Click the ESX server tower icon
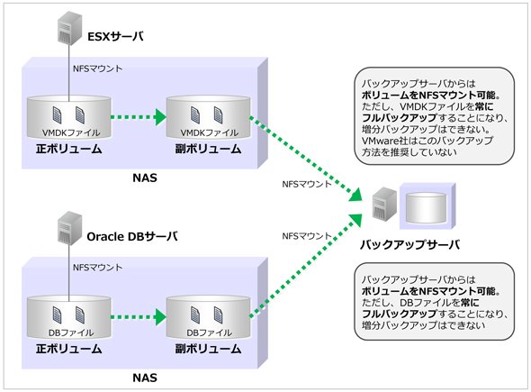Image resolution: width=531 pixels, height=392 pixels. pyautogui.click(x=70, y=28)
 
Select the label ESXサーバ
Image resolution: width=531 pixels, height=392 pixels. pyautogui.click(x=115, y=36)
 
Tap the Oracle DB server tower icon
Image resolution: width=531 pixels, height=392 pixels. pyautogui.click(x=70, y=228)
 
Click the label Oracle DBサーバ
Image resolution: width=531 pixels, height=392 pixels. pyautogui.click(x=132, y=236)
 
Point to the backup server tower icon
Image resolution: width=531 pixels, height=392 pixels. pyautogui.click(x=384, y=205)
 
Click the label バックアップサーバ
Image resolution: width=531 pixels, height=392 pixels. pyautogui.click(x=409, y=244)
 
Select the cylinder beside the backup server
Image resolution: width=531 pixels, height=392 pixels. pyautogui.click(x=426, y=207)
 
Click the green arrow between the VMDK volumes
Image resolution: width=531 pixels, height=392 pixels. pyautogui.click(x=139, y=117)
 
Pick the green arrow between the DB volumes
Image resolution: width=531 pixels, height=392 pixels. pyautogui.click(x=139, y=317)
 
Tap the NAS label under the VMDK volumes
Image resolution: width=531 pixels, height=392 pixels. pyautogui.click(x=145, y=178)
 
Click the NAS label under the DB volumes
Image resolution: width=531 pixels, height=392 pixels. pyautogui.click(x=145, y=378)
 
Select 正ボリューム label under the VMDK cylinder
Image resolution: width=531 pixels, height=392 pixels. pyautogui.click(x=69, y=150)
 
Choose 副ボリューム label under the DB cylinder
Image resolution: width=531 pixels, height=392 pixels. pyautogui.click(x=208, y=349)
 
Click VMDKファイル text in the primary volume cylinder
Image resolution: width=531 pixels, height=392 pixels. pyautogui.click(x=71, y=132)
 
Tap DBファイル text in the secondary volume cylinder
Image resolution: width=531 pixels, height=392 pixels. pyautogui.click(x=210, y=333)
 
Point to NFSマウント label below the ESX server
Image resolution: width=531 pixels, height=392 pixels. pyautogui.click(x=97, y=68)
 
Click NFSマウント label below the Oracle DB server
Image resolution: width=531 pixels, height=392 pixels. pyautogui.click(x=97, y=268)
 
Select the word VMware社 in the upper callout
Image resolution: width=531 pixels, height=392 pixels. pyautogui.click(x=381, y=141)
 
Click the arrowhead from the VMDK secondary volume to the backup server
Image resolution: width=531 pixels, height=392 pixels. pyautogui.click(x=355, y=195)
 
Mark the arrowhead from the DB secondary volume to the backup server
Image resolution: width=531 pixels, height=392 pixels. pyautogui.click(x=355, y=220)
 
